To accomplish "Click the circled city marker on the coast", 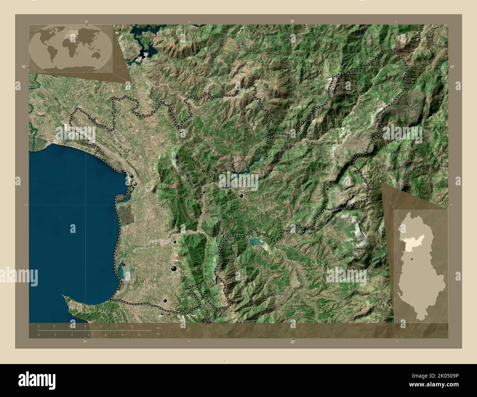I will (x=135, y=184).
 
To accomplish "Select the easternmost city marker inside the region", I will (x=327, y=189).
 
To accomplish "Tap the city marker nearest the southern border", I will (x=165, y=300).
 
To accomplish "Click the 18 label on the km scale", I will (x=132, y=326).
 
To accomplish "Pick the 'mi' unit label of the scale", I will (x=158, y=334).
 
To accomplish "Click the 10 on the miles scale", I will (x=122, y=335).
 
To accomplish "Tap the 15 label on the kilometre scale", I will (x=116, y=326).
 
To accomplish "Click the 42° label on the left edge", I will (x=24, y=67).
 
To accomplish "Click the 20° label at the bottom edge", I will (x=292, y=342).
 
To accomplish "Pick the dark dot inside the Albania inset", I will (x=412, y=259).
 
